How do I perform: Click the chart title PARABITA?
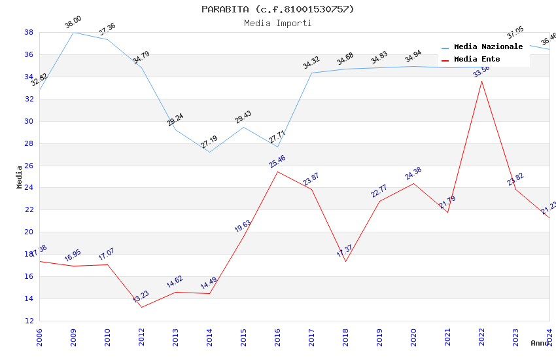(x=277, y=9)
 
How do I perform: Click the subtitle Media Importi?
(x=277, y=23)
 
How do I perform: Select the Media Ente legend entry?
(x=477, y=59)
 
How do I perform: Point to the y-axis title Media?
(x=19, y=177)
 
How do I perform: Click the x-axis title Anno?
(x=540, y=343)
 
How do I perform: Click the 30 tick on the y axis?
(x=29, y=121)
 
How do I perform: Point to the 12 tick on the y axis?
(x=29, y=321)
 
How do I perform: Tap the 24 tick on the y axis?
(x=29, y=188)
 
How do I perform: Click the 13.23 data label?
(x=141, y=297)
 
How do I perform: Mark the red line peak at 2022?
(x=481, y=81)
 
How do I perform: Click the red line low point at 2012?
(x=141, y=307)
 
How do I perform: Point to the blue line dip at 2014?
(x=209, y=153)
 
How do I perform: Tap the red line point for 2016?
(x=277, y=171)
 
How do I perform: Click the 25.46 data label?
(x=277, y=161)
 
